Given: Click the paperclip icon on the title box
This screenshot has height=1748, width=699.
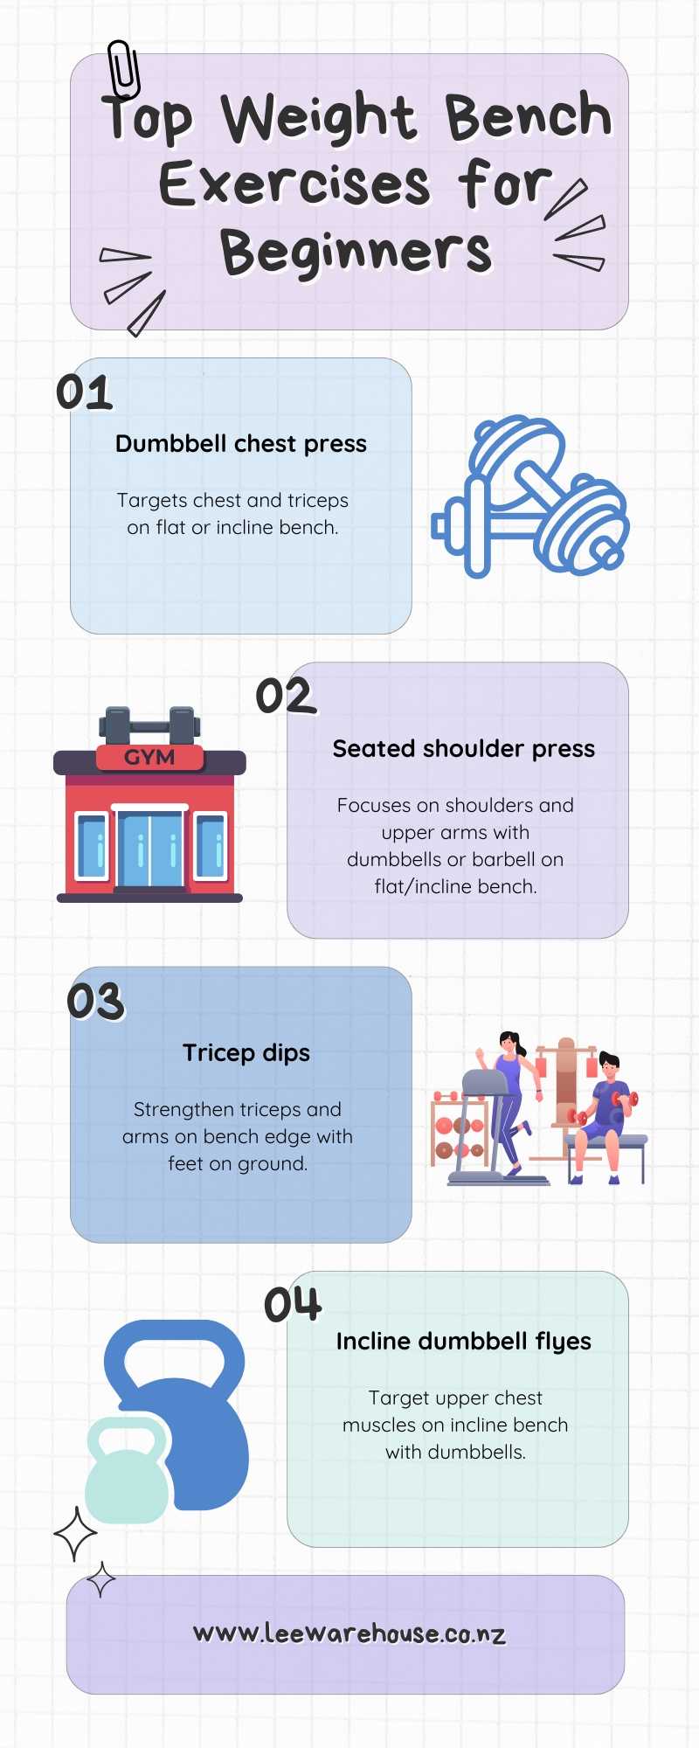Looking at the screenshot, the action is point(123,71).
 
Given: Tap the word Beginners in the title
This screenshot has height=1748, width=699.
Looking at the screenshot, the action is point(356,252).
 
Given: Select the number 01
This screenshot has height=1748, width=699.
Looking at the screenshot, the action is point(85,392).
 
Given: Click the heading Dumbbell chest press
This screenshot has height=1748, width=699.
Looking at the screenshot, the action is point(241,444).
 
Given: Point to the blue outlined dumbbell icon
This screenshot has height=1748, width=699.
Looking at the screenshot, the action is point(530,496).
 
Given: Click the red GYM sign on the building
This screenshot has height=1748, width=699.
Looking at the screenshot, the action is point(149,757).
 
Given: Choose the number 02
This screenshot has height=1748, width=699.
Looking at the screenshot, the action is point(285,697).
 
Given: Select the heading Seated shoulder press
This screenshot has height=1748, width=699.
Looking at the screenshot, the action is point(464,749).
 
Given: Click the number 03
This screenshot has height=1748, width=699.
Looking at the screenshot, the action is point(96,1002).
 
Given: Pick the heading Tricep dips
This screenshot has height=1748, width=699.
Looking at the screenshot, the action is point(246,1053).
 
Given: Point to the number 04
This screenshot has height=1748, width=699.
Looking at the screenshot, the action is point(294,1304).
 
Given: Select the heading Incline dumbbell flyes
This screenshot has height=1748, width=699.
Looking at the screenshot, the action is point(464,1342).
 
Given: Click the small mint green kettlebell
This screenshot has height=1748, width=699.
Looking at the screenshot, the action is point(128,1471).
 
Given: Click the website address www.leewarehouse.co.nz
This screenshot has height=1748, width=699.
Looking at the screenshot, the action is point(349,1633).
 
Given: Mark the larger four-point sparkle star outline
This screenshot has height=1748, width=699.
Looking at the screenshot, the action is point(75,1533).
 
